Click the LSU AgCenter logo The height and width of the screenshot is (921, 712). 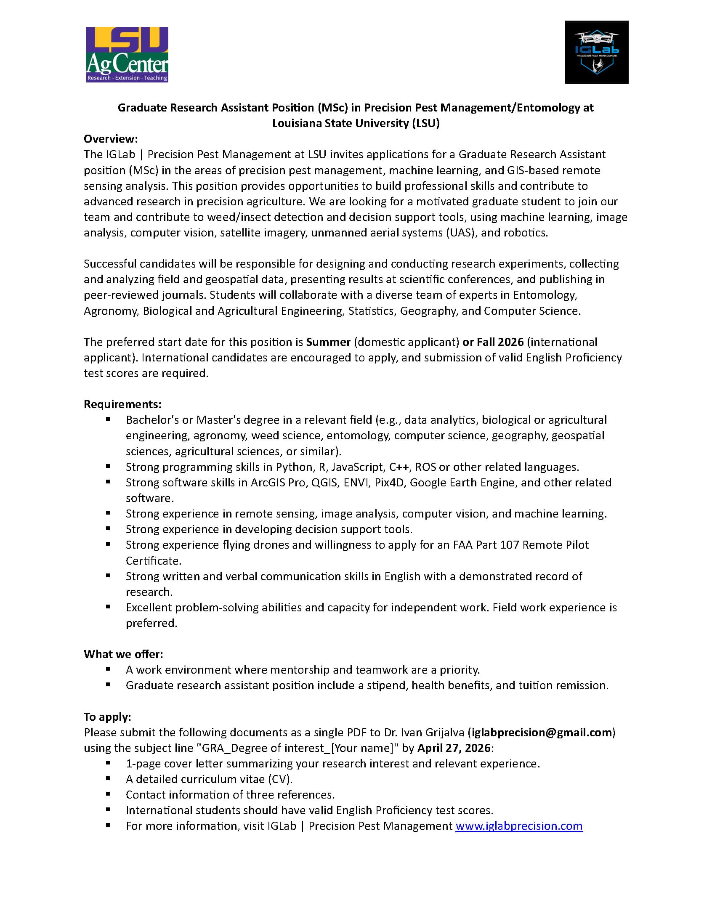click(127, 54)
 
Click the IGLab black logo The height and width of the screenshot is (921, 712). click(596, 52)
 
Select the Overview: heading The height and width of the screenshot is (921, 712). click(111, 139)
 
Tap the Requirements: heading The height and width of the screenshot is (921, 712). click(122, 404)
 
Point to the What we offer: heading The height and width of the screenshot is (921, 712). click(123, 654)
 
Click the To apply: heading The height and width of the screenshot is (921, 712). click(107, 717)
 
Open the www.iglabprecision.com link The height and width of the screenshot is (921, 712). click(519, 825)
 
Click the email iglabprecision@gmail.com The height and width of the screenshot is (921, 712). click(542, 732)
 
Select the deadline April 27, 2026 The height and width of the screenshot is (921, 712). click(454, 748)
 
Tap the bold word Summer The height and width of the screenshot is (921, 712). click(328, 342)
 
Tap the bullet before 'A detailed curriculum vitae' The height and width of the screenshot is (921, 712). click(108, 778)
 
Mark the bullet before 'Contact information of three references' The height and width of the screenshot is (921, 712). click(108, 794)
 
